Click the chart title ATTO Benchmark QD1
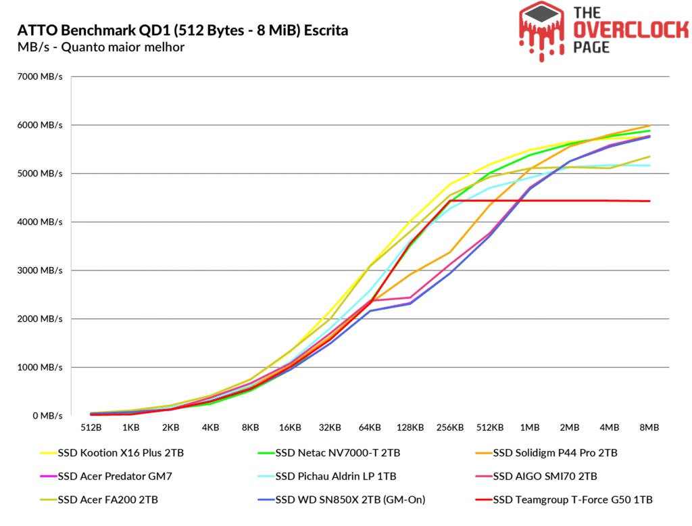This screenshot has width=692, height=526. point(182,30)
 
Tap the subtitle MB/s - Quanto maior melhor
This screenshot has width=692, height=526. point(101,47)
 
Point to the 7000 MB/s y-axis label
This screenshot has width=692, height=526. point(41,76)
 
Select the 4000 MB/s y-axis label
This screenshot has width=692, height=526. point(41,222)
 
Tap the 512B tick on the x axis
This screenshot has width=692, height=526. point(91,427)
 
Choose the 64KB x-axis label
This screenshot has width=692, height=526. point(370,427)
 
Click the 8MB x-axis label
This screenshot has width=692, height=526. point(649,427)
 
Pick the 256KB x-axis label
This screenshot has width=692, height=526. point(449,427)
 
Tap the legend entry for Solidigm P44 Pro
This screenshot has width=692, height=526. point(555,453)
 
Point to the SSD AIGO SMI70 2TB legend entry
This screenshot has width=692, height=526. point(545,476)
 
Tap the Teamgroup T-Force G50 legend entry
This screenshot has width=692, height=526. point(572,500)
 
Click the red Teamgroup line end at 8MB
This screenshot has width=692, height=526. point(649,201)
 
